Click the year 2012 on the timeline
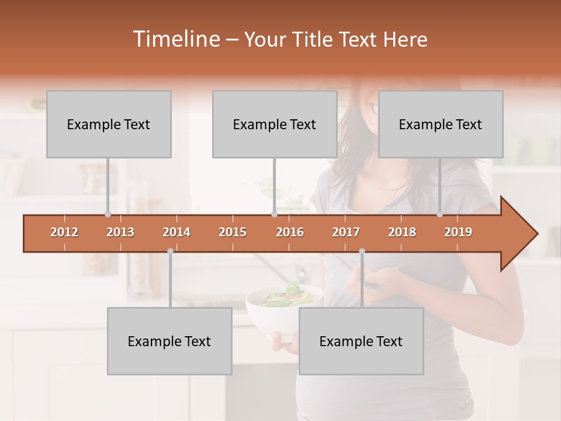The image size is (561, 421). coord(64,232)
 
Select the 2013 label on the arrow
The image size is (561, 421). coord(120,232)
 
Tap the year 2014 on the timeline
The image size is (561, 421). coord(176,232)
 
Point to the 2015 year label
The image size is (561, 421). coord(233,232)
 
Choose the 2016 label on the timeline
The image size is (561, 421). coord(290,232)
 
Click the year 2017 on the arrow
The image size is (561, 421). coord(346,232)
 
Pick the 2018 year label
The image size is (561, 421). coord(402,232)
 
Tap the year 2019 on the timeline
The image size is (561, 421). coord(458,232)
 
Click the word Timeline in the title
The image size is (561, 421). coord(175,39)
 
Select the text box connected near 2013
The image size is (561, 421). coord(109,124)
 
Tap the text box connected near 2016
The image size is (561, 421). coord(275,124)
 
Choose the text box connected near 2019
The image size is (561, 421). coord(441,124)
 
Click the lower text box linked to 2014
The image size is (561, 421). coord(169,341)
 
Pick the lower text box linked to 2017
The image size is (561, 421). coord(361,341)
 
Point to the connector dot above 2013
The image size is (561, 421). coord(108,215)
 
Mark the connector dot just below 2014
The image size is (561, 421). coord(170,251)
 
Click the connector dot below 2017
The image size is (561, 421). coord(362,251)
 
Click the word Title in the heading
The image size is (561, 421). coord(314,39)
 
